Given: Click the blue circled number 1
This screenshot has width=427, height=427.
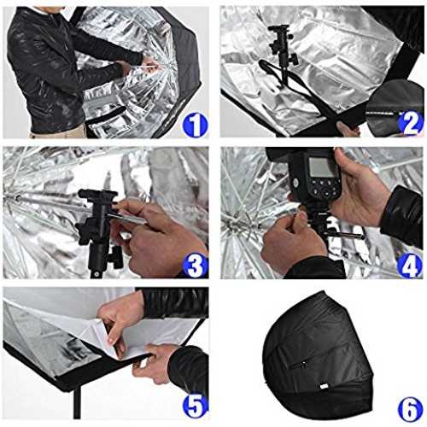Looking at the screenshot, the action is click(x=196, y=125).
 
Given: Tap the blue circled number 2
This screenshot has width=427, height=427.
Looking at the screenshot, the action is click(x=410, y=123).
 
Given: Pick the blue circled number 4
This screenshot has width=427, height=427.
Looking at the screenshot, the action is click(x=409, y=266).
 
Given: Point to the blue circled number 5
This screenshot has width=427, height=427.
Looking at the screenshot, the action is click(x=195, y=406).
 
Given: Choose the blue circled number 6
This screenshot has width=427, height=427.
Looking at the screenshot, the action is click(x=410, y=409).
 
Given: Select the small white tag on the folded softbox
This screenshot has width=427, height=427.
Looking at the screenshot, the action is click(x=324, y=386).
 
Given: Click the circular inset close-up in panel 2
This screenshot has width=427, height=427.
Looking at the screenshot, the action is click(x=395, y=108).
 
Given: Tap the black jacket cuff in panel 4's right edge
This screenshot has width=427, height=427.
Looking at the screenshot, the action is click(x=402, y=215).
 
